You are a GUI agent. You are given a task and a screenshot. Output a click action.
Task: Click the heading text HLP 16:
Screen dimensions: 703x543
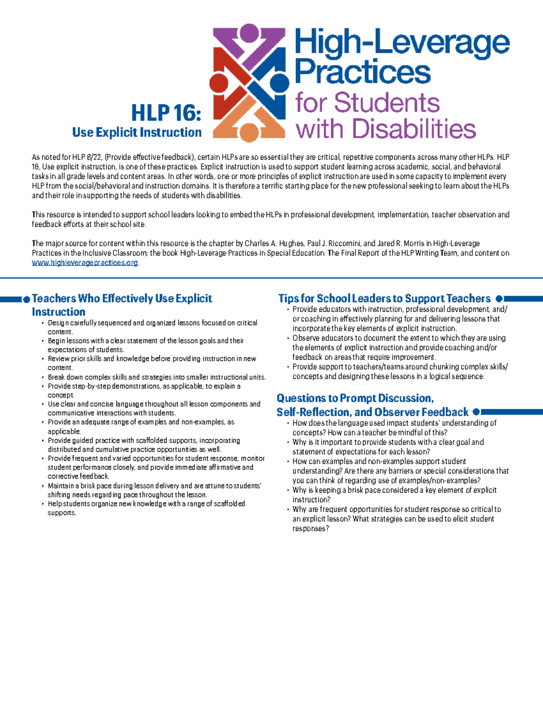[x=166, y=113]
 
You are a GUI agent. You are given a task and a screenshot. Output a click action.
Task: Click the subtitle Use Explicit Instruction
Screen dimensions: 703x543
[x=137, y=133]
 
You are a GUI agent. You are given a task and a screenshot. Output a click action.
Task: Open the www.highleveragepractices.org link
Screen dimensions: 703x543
[x=85, y=263]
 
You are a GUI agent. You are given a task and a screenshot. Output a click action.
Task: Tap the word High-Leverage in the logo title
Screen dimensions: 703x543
[x=402, y=43]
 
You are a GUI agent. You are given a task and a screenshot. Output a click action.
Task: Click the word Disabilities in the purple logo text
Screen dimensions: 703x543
[x=414, y=129]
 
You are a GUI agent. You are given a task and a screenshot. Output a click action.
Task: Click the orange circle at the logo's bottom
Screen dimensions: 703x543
[x=248, y=132]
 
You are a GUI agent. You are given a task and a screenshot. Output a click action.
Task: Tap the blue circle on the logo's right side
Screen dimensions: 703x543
[x=279, y=83]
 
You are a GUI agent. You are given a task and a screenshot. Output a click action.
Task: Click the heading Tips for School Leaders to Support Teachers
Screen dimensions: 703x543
[x=384, y=299]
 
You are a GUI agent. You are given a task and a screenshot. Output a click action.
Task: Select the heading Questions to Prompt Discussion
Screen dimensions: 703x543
[x=355, y=398]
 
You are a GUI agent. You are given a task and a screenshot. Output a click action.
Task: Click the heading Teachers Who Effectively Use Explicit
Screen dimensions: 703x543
[x=122, y=299]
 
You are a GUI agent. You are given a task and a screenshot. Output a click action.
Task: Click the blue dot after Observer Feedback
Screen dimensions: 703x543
[x=476, y=412]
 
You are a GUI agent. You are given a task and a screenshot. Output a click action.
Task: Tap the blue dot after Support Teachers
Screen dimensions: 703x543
[x=499, y=299]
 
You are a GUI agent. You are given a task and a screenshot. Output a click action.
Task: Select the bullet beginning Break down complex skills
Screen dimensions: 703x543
[x=157, y=377]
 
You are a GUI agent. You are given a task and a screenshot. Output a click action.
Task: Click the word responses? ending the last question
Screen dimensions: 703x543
[x=310, y=529]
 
